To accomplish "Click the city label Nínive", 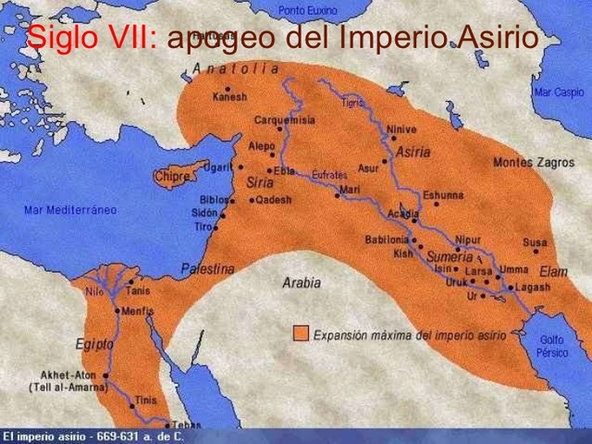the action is (x=401, y=129).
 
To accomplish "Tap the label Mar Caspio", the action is (x=558, y=92).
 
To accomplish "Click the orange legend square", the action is (x=301, y=334).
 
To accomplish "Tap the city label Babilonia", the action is (x=387, y=239).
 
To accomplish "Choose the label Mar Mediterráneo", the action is (x=70, y=210).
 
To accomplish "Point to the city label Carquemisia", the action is (x=286, y=119).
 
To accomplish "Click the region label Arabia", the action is (x=302, y=283).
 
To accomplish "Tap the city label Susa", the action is (x=534, y=243).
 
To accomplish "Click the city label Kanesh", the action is (x=229, y=96).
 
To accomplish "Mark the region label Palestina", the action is (x=208, y=268).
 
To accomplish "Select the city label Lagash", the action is (x=532, y=288).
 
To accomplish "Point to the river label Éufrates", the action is (x=329, y=175).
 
